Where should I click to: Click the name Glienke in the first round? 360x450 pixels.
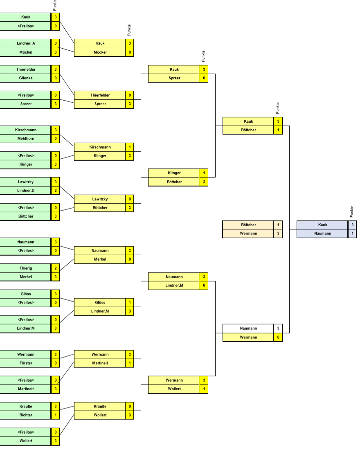pyautogui.click(x=26, y=77)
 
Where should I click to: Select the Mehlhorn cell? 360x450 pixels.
pyautogui.click(x=26, y=139)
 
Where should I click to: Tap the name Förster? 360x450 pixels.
pyautogui.click(x=26, y=362)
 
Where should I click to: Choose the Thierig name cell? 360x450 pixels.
pyautogui.click(x=26, y=268)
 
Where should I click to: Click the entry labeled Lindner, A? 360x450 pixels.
pyautogui.click(x=26, y=43)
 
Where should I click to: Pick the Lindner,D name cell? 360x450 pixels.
pyautogui.click(x=26, y=190)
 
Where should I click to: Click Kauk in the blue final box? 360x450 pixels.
pyautogui.click(x=323, y=225)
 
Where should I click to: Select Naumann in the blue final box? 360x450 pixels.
pyautogui.click(x=323, y=233)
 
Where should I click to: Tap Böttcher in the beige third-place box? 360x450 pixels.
pyautogui.click(x=248, y=225)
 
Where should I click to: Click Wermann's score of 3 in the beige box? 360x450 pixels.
pyautogui.click(x=278, y=233)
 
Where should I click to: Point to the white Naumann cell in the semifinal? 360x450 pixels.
pyautogui.click(x=248, y=328)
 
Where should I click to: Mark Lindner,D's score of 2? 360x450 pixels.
pyautogui.click(x=55, y=190)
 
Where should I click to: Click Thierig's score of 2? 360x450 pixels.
pyautogui.click(x=55, y=268)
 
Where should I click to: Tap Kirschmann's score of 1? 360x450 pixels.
pyautogui.click(x=130, y=147)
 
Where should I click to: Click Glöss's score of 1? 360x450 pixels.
pyautogui.click(x=130, y=302)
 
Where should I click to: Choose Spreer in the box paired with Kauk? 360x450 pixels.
pyautogui.click(x=174, y=78)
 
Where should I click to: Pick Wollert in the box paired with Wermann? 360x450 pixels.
pyautogui.click(x=174, y=389)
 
